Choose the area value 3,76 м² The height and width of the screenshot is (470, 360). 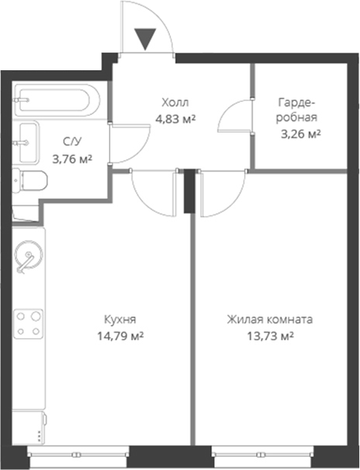pos(71,159)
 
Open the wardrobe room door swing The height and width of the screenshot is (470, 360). pos(236,119)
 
